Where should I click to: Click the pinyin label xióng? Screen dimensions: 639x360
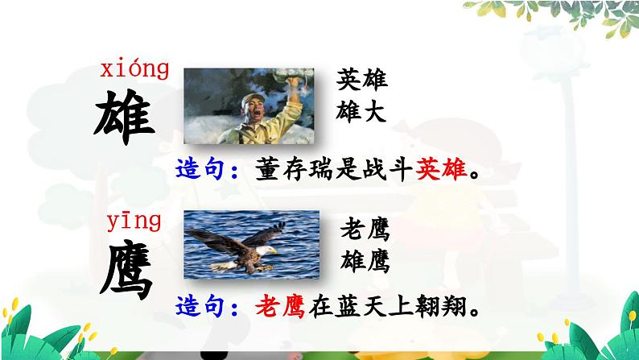click(134, 70)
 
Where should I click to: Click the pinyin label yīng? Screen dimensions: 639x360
click(134, 221)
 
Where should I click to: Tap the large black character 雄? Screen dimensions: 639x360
click(125, 117)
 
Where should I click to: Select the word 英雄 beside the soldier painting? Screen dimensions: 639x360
click(361, 79)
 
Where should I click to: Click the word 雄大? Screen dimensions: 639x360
click(361, 111)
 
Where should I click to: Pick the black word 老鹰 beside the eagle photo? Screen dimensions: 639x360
click(365, 230)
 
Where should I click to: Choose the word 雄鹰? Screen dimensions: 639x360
click(365, 261)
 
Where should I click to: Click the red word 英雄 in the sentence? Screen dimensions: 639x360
click(441, 169)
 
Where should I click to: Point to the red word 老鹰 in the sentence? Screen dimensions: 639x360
click(280, 306)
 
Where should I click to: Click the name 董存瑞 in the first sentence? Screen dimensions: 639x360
click(295, 169)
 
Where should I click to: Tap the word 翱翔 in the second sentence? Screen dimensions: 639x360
click(441, 306)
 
